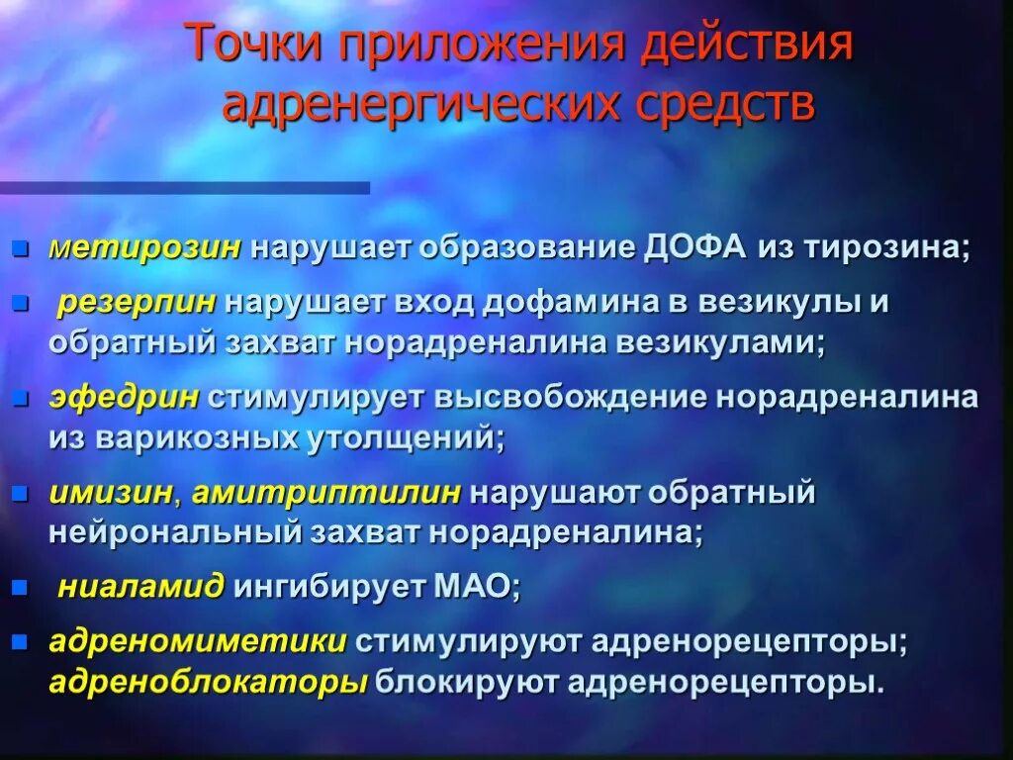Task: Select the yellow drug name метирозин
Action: [x=145, y=247]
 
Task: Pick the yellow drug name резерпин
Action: [x=137, y=302]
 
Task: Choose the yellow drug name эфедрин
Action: [x=125, y=398]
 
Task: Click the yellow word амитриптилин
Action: [x=326, y=493]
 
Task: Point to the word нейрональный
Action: [x=174, y=532]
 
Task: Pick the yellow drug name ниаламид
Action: [x=140, y=587]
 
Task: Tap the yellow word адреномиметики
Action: [x=198, y=641]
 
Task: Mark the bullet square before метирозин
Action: [x=20, y=247]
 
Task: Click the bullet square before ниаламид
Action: [x=20, y=587]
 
